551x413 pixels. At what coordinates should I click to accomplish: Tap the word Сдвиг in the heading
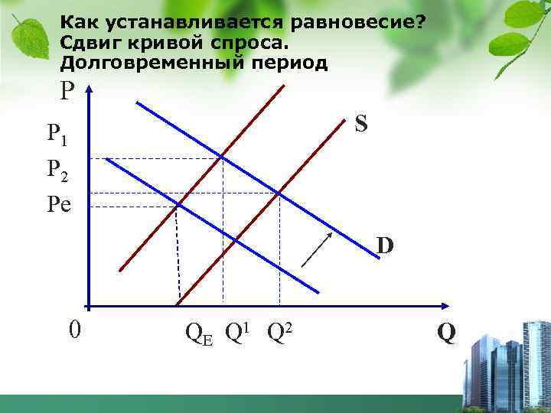pyautogui.click(x=90, y=41)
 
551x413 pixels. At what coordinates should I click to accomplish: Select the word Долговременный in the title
pyautogui.click(x=151, y=62)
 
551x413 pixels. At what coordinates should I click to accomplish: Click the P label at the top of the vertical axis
pyautogui.click(x=68, y=92)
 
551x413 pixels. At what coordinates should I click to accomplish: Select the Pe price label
pyautogui.click(x=58, y=204)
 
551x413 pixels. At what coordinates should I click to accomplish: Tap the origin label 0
pyautogui.click(x=74, y=330)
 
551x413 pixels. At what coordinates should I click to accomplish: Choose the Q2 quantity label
pyautogui.click(x=281, y=331)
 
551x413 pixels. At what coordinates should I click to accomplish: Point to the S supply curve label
pyautogui.click(x=362, y=124)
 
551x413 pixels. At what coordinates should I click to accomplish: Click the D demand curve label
pyautogui.click(x=384, y=246)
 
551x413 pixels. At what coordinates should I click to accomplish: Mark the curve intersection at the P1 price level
pyautogui.click(x=223, y=158)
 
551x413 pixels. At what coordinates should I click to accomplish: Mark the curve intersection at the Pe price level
pyautogui.click(x=177, y=205)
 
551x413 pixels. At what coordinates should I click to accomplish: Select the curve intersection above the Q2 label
pyautogui.click(x=279, y=193)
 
